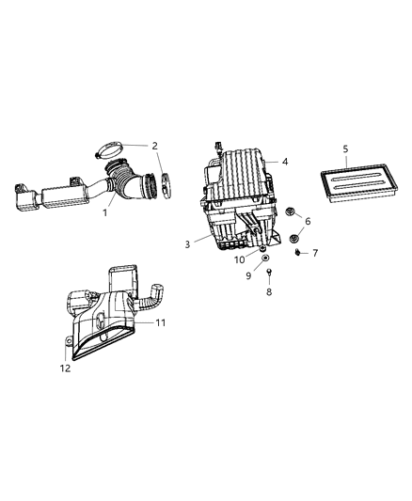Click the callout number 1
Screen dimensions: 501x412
click(x=105, y=212)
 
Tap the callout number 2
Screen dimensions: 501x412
click(x=154, y=146)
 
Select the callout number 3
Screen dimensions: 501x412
click(x=187, y=244)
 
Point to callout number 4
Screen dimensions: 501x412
click(x=285, y=162)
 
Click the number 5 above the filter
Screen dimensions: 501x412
click(x=345, y=149)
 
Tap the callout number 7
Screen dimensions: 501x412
click(x=315, y=253)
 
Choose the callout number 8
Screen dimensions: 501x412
click(x=269, y=292)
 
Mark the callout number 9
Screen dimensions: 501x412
click(x=249, y=275)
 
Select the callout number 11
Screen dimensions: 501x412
click(x=161, y=322)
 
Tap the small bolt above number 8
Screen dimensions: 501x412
click(x=269, y=274)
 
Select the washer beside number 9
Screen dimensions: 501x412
click(x=266, y=257)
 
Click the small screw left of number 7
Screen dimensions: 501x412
click(x=297, y=251)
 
